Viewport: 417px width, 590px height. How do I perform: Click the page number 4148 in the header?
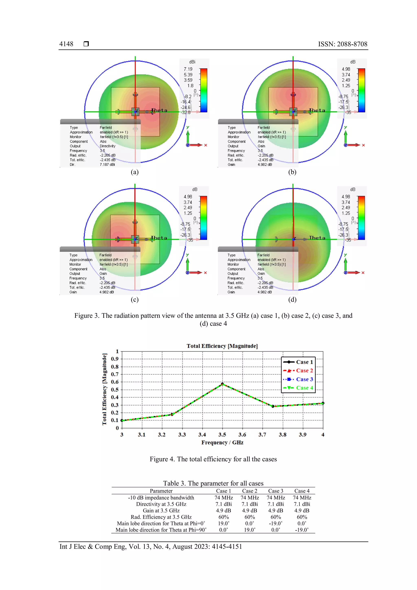[66, 44]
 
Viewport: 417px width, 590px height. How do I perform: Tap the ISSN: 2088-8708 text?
[342, 44]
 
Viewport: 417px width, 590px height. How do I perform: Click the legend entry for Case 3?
[304, 379]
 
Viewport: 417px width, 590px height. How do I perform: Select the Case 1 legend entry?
[304, 362]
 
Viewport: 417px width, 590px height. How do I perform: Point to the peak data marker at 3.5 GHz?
[222, 384]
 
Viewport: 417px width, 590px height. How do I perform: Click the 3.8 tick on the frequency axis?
[282, 435]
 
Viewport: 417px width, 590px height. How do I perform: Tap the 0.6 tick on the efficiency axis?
[115, 382]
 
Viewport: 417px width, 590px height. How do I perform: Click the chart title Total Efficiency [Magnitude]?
[222, 346]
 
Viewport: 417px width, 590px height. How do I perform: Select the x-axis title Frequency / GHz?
[222, 442]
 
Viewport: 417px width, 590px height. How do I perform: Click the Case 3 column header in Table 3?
[275, 491]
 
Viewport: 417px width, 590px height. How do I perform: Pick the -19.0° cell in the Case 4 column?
[302, 530]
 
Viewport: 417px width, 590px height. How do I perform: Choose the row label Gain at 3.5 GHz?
[161, 511]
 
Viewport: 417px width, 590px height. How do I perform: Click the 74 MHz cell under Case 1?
[224, 498]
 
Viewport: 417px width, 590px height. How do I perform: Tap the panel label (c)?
[135, 300]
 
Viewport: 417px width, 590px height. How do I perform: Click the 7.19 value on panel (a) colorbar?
[188, 69]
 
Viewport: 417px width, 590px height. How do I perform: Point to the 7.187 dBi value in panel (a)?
[107, 164]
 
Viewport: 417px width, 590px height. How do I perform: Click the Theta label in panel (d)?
[317, 238]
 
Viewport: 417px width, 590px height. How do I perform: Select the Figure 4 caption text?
[213, 459]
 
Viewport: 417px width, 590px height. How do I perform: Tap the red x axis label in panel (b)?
[363, 145]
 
